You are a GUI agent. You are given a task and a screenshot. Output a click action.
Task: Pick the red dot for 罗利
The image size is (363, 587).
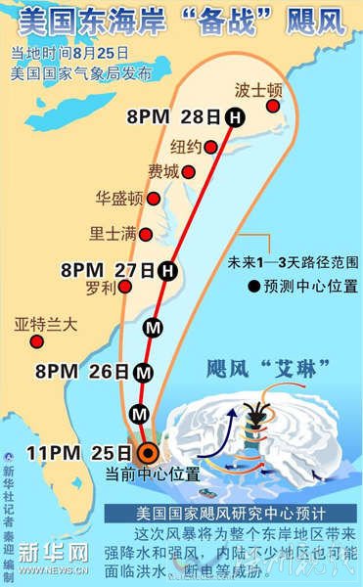click(x=127, y=287)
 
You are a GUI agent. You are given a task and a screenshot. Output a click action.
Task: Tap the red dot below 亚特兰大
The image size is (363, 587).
click(x=36, y=341)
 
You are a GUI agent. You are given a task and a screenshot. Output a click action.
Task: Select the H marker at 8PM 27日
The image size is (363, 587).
click(x=167, y=269)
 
